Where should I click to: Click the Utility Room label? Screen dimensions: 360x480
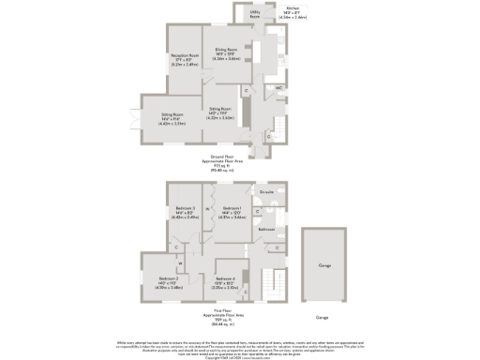[x=254, y=15]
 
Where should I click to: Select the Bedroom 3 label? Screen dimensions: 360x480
[x=186, y=208]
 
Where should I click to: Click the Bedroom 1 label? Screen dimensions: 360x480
[x=232, y=208]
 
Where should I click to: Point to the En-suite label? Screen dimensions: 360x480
[x=266, y=192]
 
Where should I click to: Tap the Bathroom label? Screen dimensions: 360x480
[x=266, y=228]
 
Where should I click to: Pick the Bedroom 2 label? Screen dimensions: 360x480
[x=169, y=278]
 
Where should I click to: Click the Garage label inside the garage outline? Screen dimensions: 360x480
[x=324, y=266]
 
